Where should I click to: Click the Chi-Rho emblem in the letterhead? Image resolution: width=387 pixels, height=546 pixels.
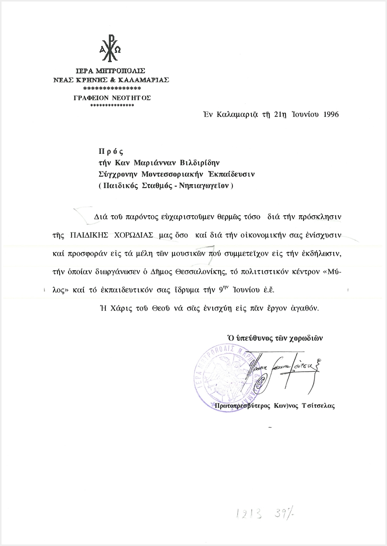point(110,49)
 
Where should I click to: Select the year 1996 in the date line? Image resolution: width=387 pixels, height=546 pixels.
point(331,114)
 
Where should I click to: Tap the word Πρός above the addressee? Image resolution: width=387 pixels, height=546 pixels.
point(111,151)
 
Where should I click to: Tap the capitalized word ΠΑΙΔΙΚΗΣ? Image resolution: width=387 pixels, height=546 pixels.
point(89,235)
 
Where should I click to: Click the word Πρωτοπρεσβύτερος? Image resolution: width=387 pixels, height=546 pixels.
point(243,406)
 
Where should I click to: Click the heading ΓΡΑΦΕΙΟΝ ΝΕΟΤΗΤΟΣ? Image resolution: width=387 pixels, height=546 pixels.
point(112,98)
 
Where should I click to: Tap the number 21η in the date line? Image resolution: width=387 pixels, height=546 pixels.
point(280,114)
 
